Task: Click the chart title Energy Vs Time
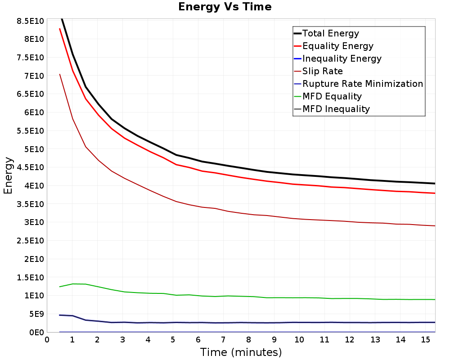pos(225,7)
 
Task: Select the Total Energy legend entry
pos(326,33)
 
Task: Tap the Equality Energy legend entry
pos(334,46)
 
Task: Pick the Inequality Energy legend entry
pos(338,58)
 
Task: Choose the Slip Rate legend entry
pos(318,71)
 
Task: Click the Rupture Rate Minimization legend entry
pos(359,84)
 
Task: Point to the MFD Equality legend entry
pos(328,96)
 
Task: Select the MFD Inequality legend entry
pos(332,109)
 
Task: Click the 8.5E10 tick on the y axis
pos(31,21)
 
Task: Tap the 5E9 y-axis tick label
pos(37,314)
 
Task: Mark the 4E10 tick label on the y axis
pos(34,186)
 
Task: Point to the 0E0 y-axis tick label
pos(37,333)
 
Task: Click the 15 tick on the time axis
pos(426,340)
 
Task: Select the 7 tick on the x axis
pos(223,340)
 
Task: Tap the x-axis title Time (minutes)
pos(241,352)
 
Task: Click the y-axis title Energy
pos(8,175)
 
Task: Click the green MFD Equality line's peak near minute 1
pos(72,284)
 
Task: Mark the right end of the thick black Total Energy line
pos(435,184)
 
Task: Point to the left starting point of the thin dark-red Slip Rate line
pos(60,74)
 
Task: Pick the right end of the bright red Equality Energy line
pos(435,193)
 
